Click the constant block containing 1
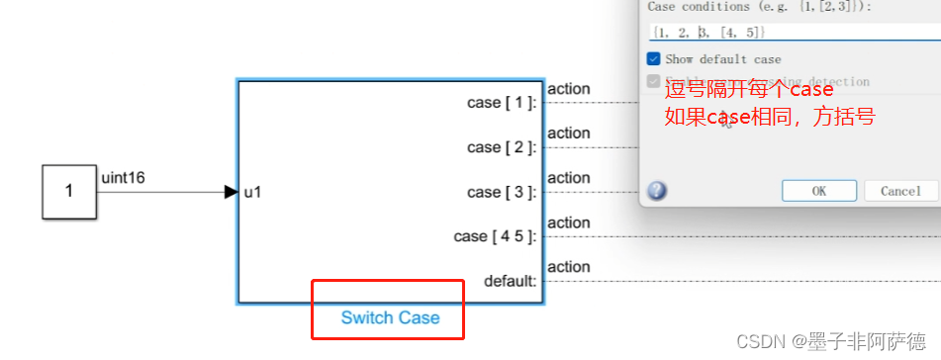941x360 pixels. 68,192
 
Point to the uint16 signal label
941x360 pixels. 124,178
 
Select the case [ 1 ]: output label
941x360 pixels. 502,103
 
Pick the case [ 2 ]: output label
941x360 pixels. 502,147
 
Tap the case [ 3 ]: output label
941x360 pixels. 502,192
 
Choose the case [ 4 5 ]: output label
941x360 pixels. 495,236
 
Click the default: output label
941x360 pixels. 510,281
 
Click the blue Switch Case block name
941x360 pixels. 390,317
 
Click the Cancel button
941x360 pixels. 900,191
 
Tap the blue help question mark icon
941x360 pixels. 657,191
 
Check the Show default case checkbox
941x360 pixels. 654,59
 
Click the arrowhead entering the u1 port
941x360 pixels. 232,192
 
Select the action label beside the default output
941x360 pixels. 568,267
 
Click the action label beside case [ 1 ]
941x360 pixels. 568,89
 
